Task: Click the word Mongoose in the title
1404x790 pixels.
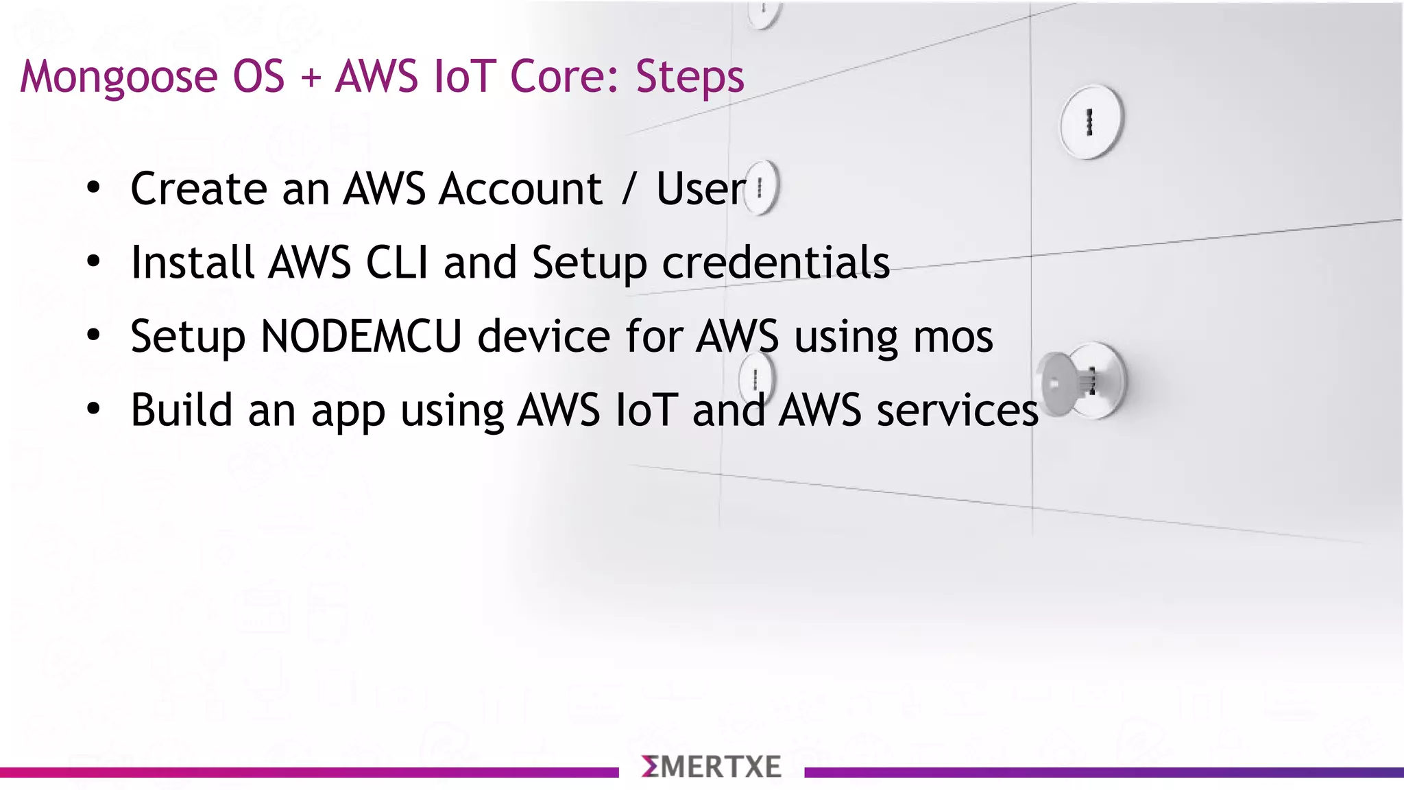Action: pos(119,77)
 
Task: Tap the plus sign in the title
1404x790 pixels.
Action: pos(311,77)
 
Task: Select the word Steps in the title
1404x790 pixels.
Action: pos(689,77)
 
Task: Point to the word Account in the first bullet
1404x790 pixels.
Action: pos(520,189)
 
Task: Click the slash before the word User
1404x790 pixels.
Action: pos(629,189)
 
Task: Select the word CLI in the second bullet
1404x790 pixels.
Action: pos(397,262)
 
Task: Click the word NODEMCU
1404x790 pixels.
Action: pos(361,336)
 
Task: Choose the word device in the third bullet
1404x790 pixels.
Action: pos(543,336)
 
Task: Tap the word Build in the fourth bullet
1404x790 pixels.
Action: pos(182,410)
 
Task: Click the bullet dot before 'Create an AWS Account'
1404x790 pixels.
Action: pos(94,187)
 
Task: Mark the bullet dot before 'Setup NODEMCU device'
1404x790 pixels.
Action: pos(94,335)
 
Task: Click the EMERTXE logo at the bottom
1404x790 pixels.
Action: pos(711,767)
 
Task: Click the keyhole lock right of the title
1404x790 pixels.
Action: pos(1091,121)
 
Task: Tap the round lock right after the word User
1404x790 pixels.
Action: pos(762,187)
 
